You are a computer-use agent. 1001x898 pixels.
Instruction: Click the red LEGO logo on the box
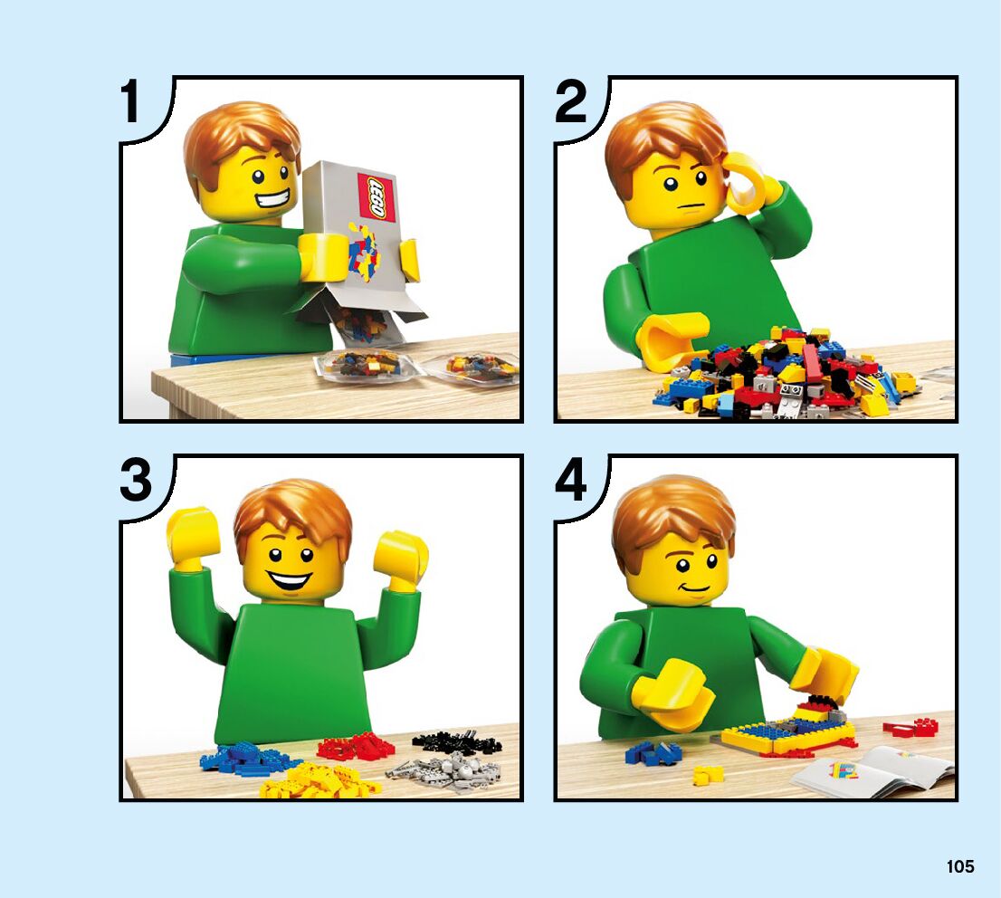(x=377, y=196)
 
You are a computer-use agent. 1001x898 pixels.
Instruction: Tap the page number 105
(x=960, y=866)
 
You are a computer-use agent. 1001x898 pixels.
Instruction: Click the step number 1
(x=131, y=101)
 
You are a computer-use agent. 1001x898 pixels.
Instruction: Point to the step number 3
(x=136, y=480)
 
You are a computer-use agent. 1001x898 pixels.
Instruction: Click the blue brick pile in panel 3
(x=246, y=756)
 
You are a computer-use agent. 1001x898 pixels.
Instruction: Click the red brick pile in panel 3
(x=354, y=746)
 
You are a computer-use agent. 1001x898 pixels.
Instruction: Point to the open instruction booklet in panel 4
(x=873, y=771)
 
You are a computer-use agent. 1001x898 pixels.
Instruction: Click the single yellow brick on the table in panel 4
(x=708, y=775)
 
